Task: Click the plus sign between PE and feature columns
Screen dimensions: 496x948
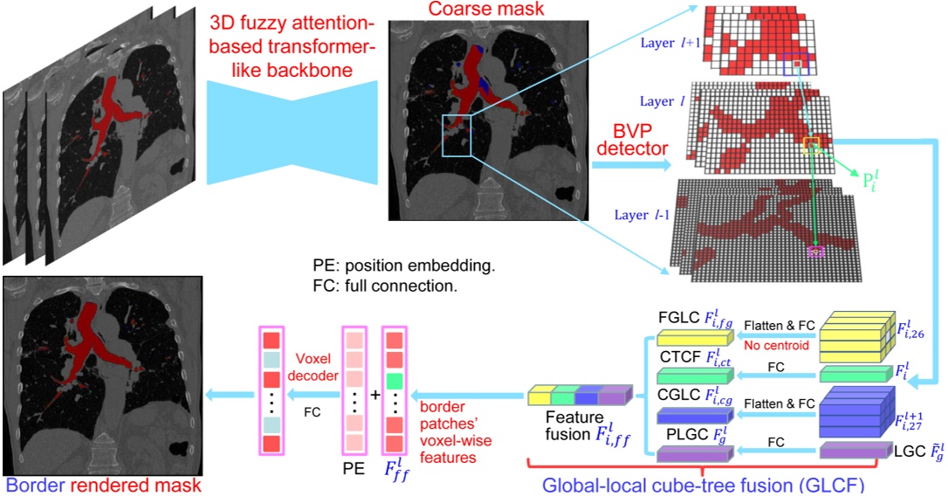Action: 374,395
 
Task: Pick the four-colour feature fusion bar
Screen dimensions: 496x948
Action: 578,396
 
